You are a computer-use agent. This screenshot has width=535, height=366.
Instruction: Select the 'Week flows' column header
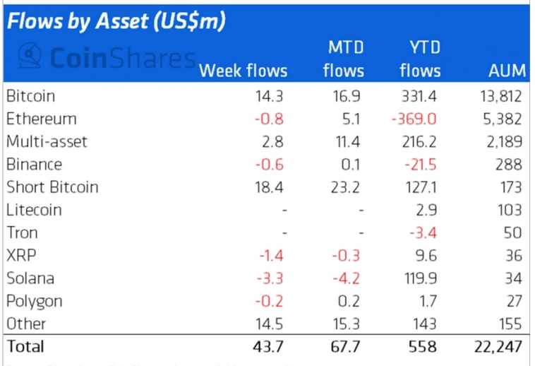(x=244, y=71)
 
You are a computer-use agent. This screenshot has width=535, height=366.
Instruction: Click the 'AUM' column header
(x=507, y=71)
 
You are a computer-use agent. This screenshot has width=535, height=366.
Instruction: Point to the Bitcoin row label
(x=30, y=96)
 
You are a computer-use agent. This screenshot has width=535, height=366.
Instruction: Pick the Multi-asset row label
(x=47, y=141)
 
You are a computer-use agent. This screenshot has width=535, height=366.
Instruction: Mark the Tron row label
(x=22, y=232)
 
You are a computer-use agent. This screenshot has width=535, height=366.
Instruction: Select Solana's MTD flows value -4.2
(x=345, y=278)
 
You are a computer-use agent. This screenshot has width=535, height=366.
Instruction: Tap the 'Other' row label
(x=26, y=324)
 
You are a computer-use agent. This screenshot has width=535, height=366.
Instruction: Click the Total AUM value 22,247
(x=499, y=346)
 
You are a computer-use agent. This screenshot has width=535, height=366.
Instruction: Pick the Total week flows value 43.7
(x=272, y=346)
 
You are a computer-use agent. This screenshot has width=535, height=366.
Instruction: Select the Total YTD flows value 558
(x=422, y=346)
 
